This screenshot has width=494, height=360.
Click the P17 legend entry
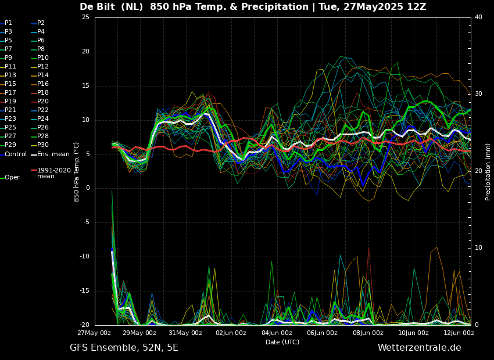[8, 92]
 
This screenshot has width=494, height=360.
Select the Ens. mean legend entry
[50, 154]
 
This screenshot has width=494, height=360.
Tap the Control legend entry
[13, 154]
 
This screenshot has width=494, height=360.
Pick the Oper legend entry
[10, 178]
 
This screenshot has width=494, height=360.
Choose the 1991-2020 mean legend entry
[51, 173]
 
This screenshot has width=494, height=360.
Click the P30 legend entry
[40, 145]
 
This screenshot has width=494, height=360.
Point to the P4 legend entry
[38, 31]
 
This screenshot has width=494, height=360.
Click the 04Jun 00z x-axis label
[277, 333]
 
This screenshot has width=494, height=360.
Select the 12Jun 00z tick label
[459, 333]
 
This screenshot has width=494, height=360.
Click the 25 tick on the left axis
[85, 17]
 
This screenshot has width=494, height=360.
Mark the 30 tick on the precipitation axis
[478, 94]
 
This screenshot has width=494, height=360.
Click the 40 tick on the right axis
[478, 17]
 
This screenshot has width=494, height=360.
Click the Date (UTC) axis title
[282, 342]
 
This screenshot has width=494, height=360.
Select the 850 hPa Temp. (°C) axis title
[77, 172]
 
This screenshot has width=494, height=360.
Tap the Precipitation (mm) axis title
[488, 171]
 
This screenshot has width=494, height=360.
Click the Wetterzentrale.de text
[420, 348]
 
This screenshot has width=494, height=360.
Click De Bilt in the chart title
[97, 6]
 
